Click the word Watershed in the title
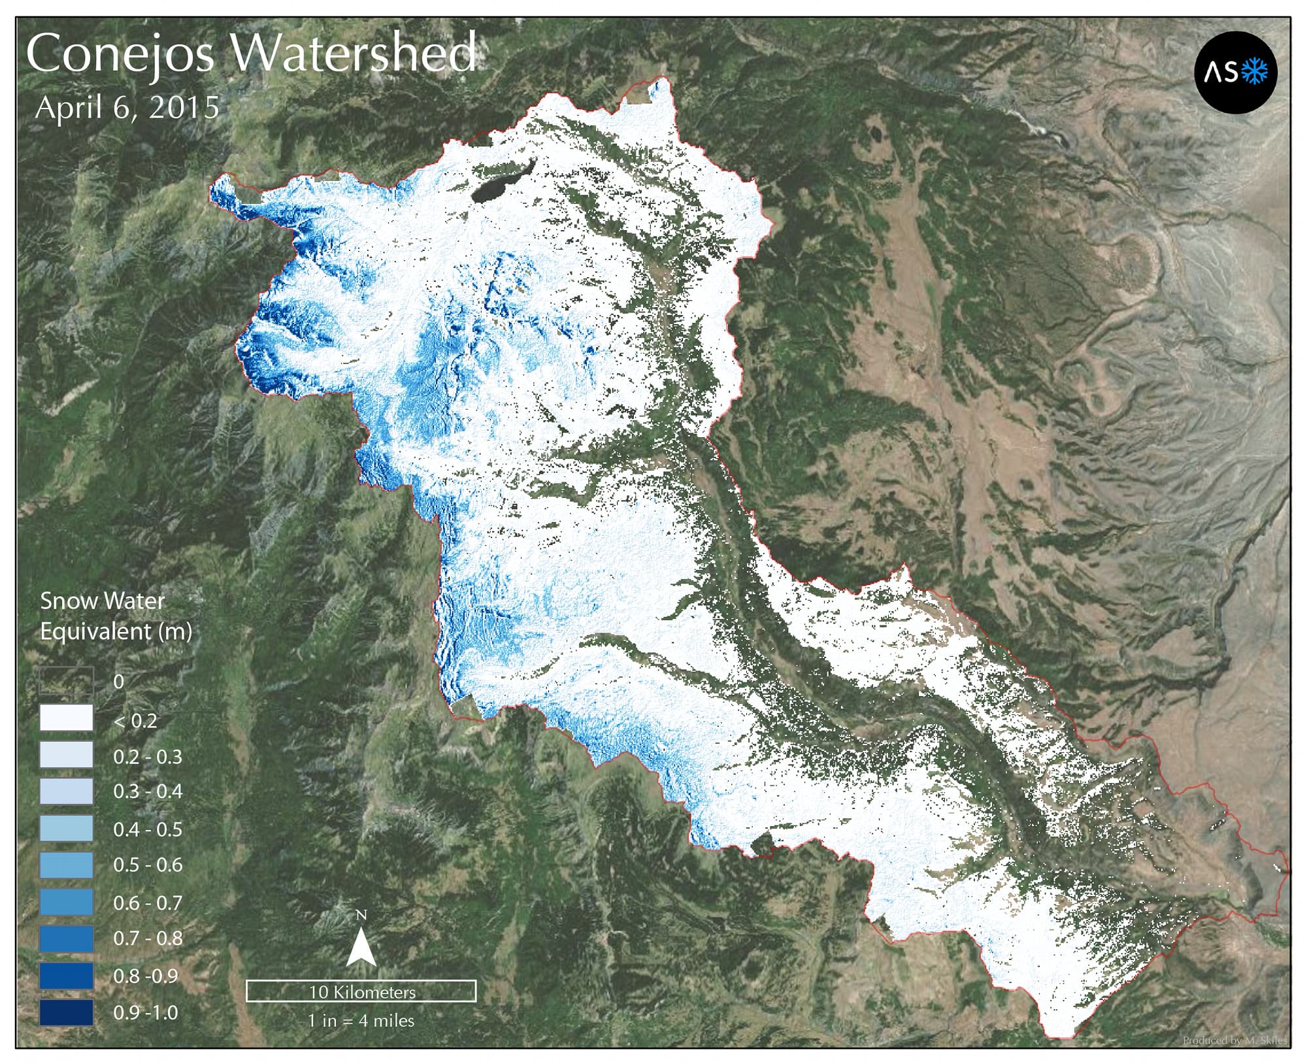(354, 53)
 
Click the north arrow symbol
(361, 948)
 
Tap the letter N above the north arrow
(361, 914)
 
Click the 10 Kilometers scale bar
(361, 991)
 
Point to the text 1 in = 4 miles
(361, 1020)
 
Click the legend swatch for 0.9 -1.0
(66, 1012)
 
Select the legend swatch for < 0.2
(66, 718)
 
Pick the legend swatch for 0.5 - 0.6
(66, 865)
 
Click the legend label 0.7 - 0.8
(148, 939)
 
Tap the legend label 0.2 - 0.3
(148, 757)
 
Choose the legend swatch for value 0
(66, 680)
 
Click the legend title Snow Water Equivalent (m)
(116, 616)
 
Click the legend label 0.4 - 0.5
(148, 829)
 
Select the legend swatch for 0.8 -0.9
(66, 976)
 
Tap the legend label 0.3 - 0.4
(148, 791)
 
